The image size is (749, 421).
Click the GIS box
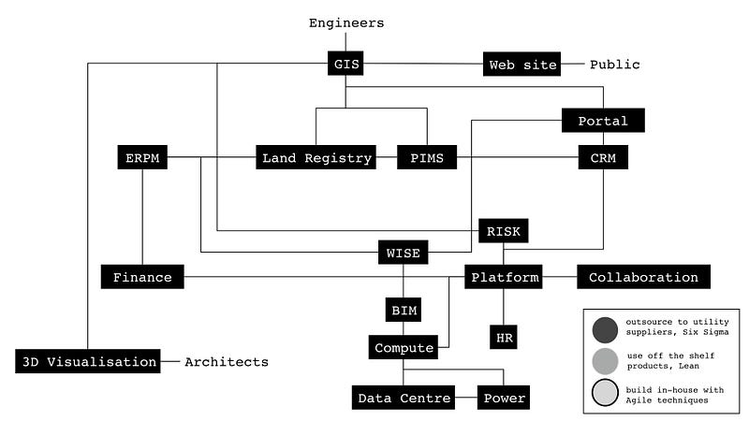pos(345,65)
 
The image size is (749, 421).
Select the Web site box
pos(523,65)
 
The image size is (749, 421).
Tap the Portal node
pos(603,121)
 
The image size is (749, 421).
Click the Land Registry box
pos(316,158)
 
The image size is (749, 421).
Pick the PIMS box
pos(426,158)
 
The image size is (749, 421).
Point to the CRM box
pos(603,157)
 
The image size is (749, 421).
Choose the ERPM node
pos(142,158)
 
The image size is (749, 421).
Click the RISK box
pos(504,230)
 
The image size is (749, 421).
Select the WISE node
pos(404,253)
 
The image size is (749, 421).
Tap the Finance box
pos(142,277)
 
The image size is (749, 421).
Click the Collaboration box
pos(643,277)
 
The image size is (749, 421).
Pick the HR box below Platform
pos(504,335)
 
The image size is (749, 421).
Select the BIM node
pos(404,310)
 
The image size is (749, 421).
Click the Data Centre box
pos(403,399)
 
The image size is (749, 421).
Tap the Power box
pos(504,399)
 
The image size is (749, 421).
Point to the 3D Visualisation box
pos(88,361)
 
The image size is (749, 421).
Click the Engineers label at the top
pos(346,22)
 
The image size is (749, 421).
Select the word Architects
pos(227,361)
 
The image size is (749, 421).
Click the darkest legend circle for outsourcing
pos(605,329)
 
